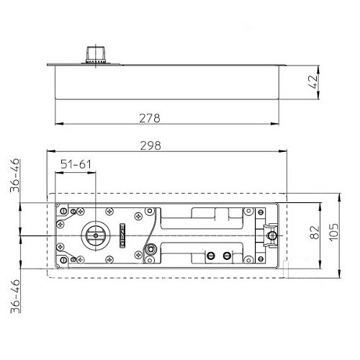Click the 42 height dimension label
coord(314,82)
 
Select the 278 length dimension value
coord(150,118)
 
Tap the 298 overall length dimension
coord(150,145)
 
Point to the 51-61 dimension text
coord(76,164)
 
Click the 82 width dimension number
coord(315,233)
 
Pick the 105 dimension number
coord(334,233)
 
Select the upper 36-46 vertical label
coord(15,176)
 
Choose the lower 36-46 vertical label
coord(15,296)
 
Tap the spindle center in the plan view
coord(96,235)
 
